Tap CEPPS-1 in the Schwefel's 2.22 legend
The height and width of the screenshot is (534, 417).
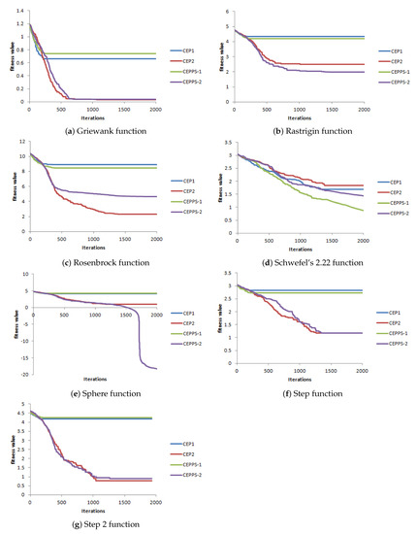(x=390, y=204)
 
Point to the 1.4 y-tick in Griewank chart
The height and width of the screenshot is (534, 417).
(x=23, y=11)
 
